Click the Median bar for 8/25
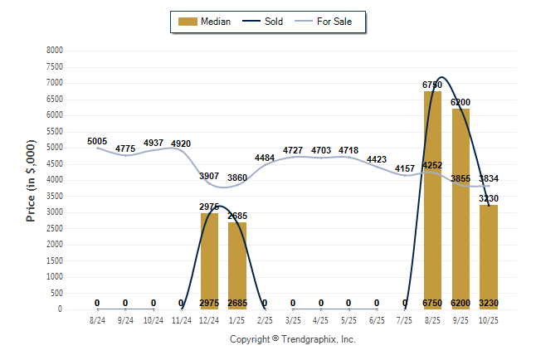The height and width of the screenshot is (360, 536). (432, 200)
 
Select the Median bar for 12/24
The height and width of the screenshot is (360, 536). (209, 261)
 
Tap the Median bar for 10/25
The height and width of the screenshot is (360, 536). (489, 257)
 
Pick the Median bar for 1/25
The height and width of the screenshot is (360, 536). (237, 265)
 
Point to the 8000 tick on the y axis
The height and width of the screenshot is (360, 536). (55, 51)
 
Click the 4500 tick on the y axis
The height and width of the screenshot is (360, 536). (55, 163)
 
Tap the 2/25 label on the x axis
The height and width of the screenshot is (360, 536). (265, 319)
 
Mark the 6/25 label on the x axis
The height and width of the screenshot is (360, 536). (376, 319)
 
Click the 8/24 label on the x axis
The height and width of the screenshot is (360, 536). (97, 319)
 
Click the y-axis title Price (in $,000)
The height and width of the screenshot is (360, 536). (32, 180)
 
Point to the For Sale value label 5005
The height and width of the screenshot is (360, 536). (97, 142)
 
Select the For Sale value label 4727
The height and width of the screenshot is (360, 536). (293, 150)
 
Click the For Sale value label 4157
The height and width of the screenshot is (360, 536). (405, 169)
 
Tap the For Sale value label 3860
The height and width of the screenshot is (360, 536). (237, 178)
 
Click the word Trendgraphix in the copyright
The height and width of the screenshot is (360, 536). (306, 339)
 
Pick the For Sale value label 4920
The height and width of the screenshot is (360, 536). (181, 144)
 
